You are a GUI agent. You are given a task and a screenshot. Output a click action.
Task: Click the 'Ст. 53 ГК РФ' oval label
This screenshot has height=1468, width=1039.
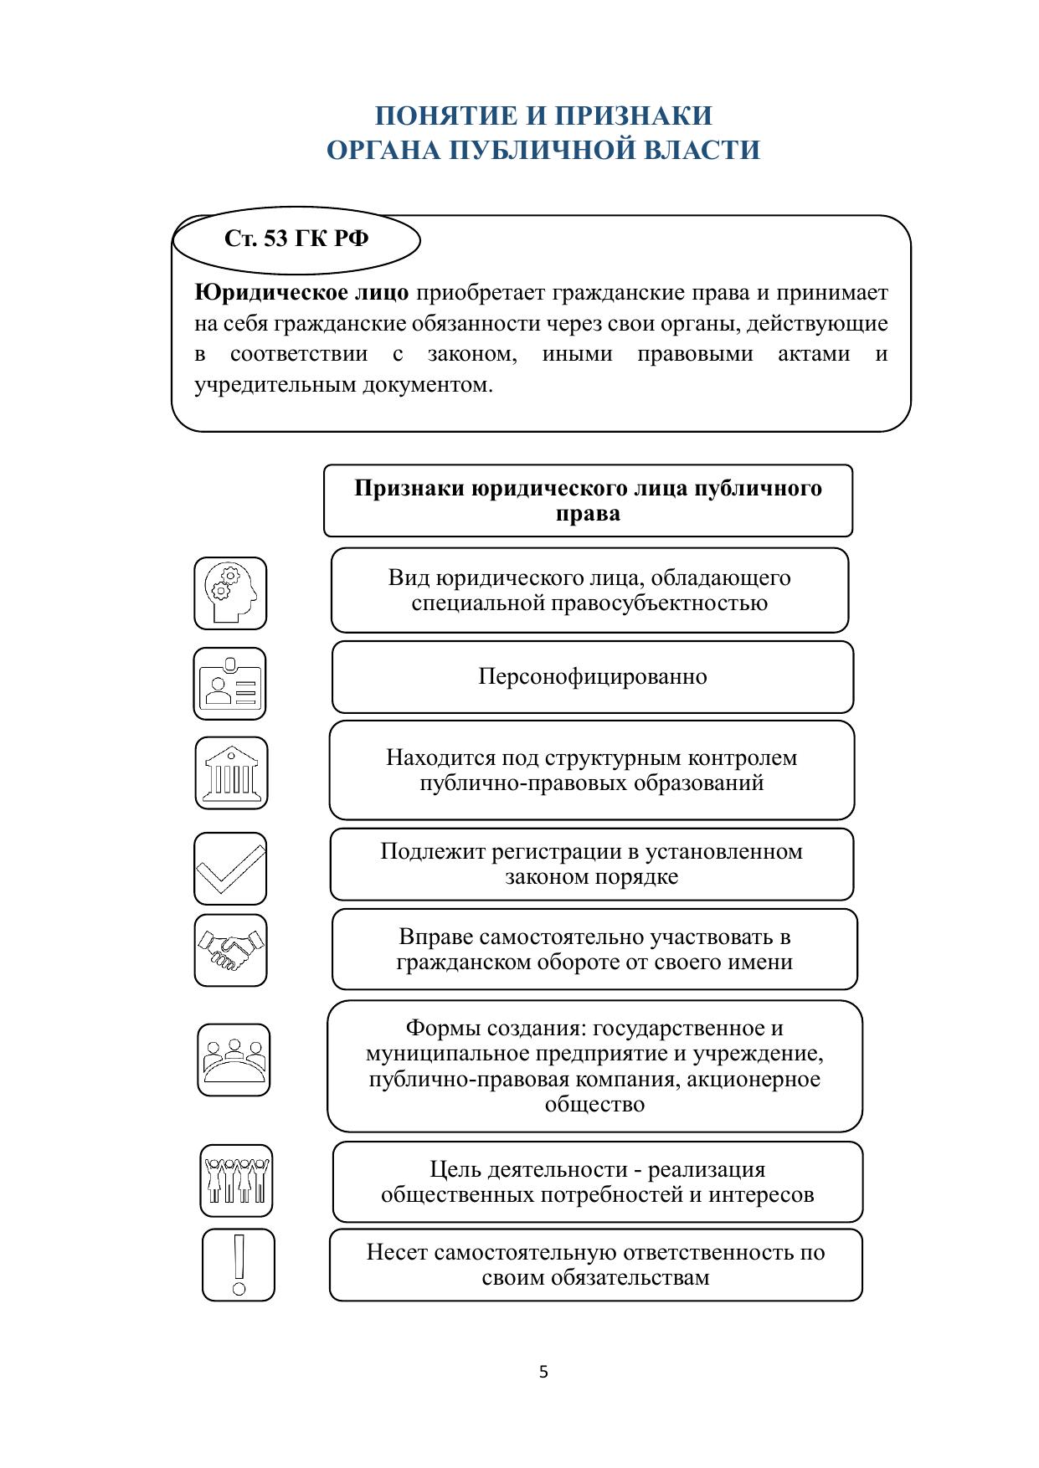tap(296, 239)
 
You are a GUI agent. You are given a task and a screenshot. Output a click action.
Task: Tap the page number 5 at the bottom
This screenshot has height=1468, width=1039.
tap(543, 1372)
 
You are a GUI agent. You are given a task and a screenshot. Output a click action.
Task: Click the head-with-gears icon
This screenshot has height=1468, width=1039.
tap(230, 593)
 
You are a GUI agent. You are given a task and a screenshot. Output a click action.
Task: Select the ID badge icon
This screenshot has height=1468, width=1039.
tap(229, 684)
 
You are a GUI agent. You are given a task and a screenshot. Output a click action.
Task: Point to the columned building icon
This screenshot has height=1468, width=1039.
tap(232, 773)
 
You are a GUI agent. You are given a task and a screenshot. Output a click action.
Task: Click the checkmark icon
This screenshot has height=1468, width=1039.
tap(230, 869)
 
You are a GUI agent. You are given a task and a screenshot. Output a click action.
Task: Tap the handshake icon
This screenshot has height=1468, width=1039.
tap(231, 951)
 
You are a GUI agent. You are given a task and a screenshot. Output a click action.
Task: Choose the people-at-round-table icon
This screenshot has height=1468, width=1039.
tap(234, 1060)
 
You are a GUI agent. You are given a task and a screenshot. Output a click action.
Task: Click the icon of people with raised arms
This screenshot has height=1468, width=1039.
tap(237, 1180)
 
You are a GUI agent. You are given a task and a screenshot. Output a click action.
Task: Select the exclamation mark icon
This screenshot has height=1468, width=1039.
tap(239, 1265)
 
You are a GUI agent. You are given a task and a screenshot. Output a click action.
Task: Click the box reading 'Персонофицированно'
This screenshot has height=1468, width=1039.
tap(593, 677)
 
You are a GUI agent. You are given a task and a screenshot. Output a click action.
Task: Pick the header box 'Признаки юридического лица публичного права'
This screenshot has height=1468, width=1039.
tap(588, 500)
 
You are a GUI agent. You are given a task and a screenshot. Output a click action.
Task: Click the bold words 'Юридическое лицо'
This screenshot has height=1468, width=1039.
tap(301, 293)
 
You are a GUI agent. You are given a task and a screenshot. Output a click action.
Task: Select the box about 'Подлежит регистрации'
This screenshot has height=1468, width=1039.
tap(592, 865)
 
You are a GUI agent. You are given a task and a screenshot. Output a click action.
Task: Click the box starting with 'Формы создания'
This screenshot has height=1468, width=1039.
tap(594, 1066)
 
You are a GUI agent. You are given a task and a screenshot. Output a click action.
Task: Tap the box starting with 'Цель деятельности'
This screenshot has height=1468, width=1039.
tap(597, 1182)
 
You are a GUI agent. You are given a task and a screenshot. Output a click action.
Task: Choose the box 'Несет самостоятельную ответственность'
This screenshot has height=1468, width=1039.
tap(595, 1265)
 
